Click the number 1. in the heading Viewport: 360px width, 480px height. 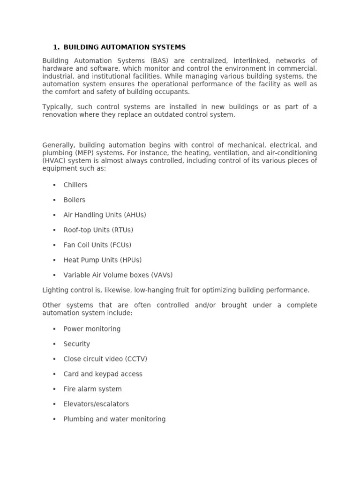tap(56, 47)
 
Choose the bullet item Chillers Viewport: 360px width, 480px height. tap(75, 185)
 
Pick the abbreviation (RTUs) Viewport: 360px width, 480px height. tap(122, 230)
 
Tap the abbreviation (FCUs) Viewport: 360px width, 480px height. tap(120, 245)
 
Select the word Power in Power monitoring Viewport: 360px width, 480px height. tap(73, 329)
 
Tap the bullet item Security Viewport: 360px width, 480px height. tap(77, 344)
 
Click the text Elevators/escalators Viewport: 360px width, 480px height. tap(96, 404)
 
